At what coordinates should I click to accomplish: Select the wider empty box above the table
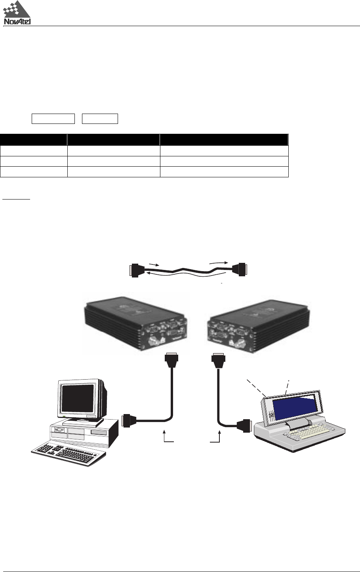pos(53,118)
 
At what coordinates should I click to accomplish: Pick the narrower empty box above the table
pos(100,118)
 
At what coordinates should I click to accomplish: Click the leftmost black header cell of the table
pos(33,139)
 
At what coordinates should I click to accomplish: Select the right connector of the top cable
pos(240,270)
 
